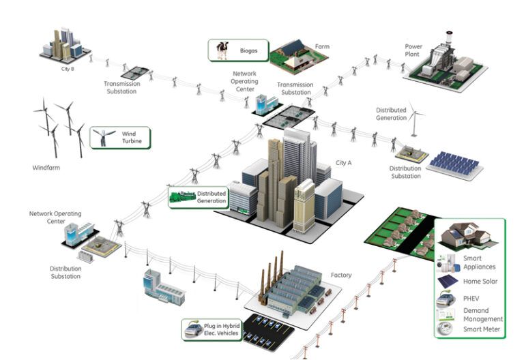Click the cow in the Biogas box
coord(222,50)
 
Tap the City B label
coord(68,69)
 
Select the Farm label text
coord(322,46)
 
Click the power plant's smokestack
coord(449,41)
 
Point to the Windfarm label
coord(46,168)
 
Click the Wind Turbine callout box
coord(120,138)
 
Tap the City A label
coord(344,163)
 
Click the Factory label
coord(341,275)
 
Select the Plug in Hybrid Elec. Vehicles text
coord(222,329)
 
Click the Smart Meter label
coord(482,329)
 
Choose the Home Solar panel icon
coord(448,282)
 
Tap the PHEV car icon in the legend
coord(446,298)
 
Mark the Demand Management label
coord(483,314)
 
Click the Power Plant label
coord(413,50)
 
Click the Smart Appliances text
coord(479,262)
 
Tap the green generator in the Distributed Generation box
coord(182,196)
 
